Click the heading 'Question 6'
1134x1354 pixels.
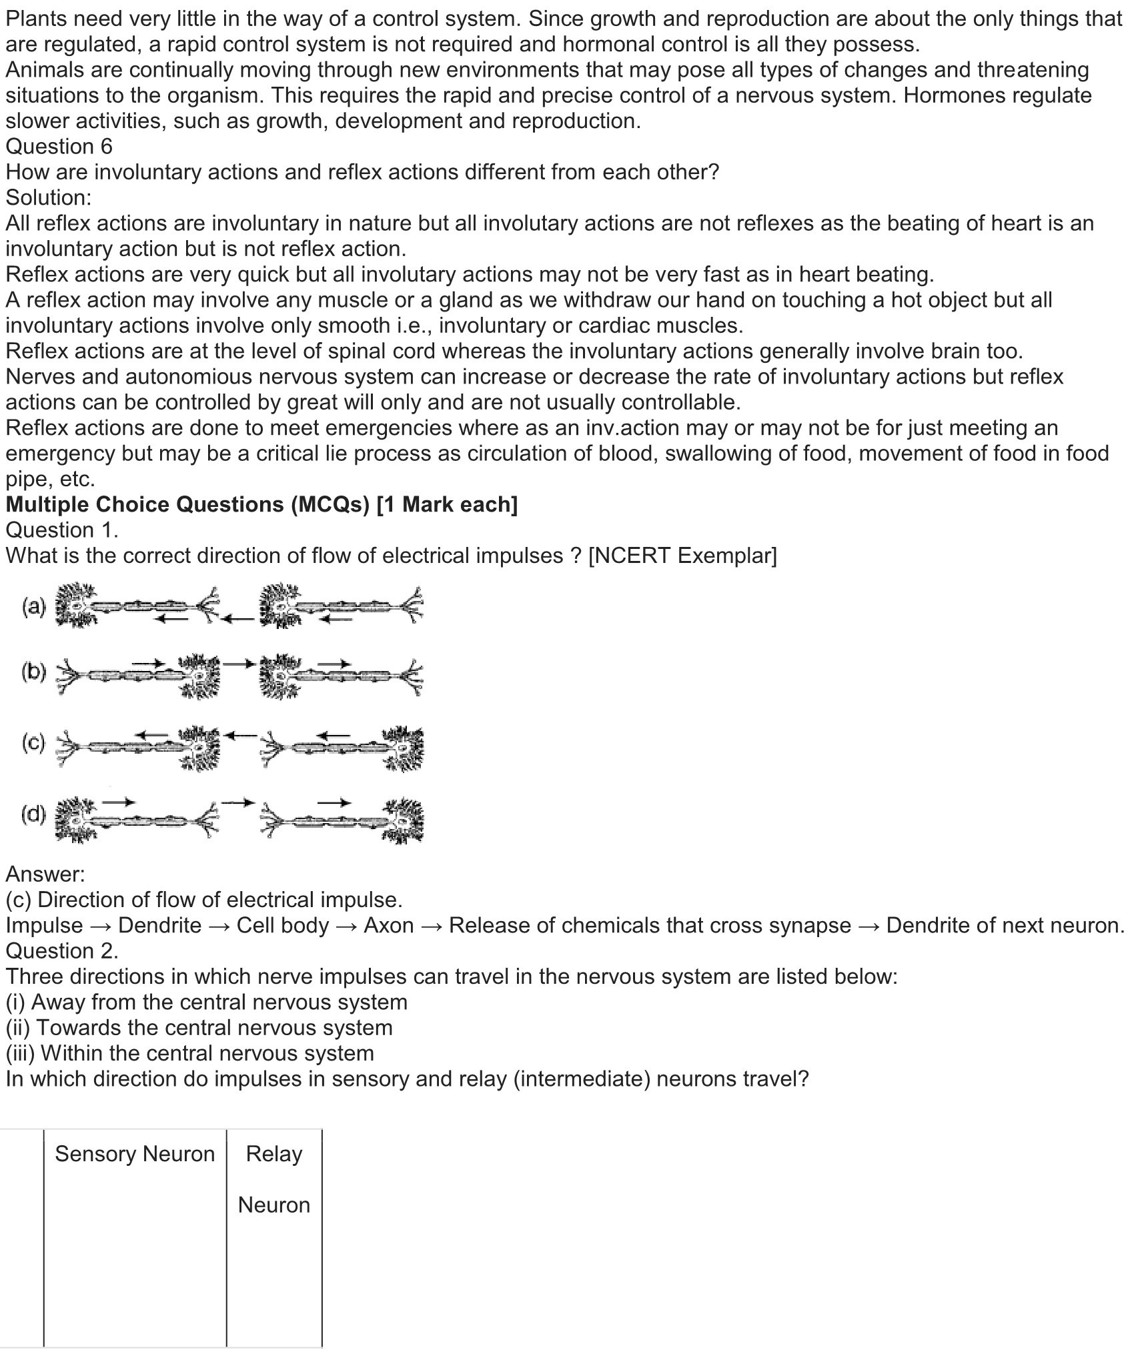pos(59,146)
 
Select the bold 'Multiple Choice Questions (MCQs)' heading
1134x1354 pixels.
pos(187,504)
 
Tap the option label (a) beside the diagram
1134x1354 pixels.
pos(34,606)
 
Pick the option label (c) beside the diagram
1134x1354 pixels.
pos(34,742)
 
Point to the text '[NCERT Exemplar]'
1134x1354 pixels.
pos(682,556)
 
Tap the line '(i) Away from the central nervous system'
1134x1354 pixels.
pos(206,1002)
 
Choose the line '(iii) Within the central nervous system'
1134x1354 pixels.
pos(189,1053)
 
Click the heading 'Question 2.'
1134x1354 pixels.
pos(62,950)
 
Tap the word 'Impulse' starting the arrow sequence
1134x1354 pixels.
pos(44,925)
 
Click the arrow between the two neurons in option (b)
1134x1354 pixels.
pos(239,664)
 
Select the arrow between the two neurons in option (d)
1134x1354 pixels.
pos(239,801)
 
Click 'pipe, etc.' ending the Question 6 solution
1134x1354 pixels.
pos(50,479)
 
